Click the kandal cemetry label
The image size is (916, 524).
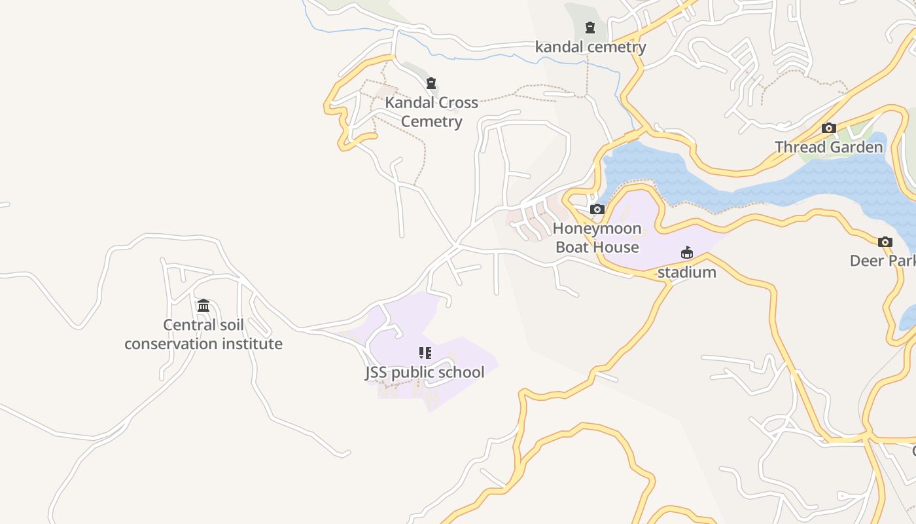[590, 47]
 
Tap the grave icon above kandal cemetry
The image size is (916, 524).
[590, 28]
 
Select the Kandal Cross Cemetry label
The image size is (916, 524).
[431, 112]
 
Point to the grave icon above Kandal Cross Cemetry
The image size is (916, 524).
[431, 83]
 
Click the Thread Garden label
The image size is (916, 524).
[829, 147]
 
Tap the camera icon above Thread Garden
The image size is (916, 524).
[829, 128]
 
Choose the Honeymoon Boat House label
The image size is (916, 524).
[597, 238]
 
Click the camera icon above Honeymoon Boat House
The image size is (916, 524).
[597, 209]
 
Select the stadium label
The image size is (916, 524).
[686, 272]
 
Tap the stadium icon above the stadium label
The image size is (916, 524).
[686, 253]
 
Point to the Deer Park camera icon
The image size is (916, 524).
[885, 242]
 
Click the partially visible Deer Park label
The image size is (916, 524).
[883, 261]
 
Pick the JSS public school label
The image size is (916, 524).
[425, 373]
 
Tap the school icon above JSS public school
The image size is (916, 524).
[425, 353]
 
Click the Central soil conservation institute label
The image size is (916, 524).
[203, 334]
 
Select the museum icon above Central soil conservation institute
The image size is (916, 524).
[203, 305]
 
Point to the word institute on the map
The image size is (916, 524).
[251, 344]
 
